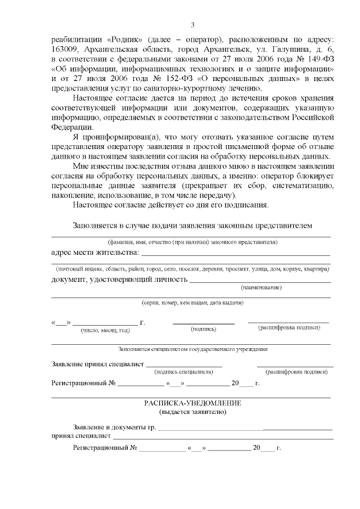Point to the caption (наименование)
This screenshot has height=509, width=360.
pos(262,287)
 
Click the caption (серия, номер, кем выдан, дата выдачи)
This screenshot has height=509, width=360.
pos(192,302)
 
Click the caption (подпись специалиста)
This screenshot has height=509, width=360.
pos(183,372)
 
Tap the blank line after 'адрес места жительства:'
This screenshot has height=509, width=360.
pos(235,255)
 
